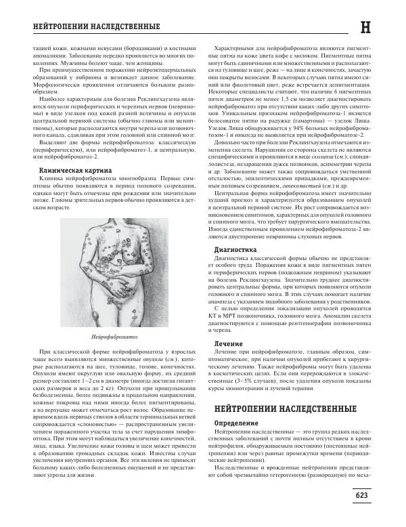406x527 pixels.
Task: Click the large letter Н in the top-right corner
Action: (x=384, y=27)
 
